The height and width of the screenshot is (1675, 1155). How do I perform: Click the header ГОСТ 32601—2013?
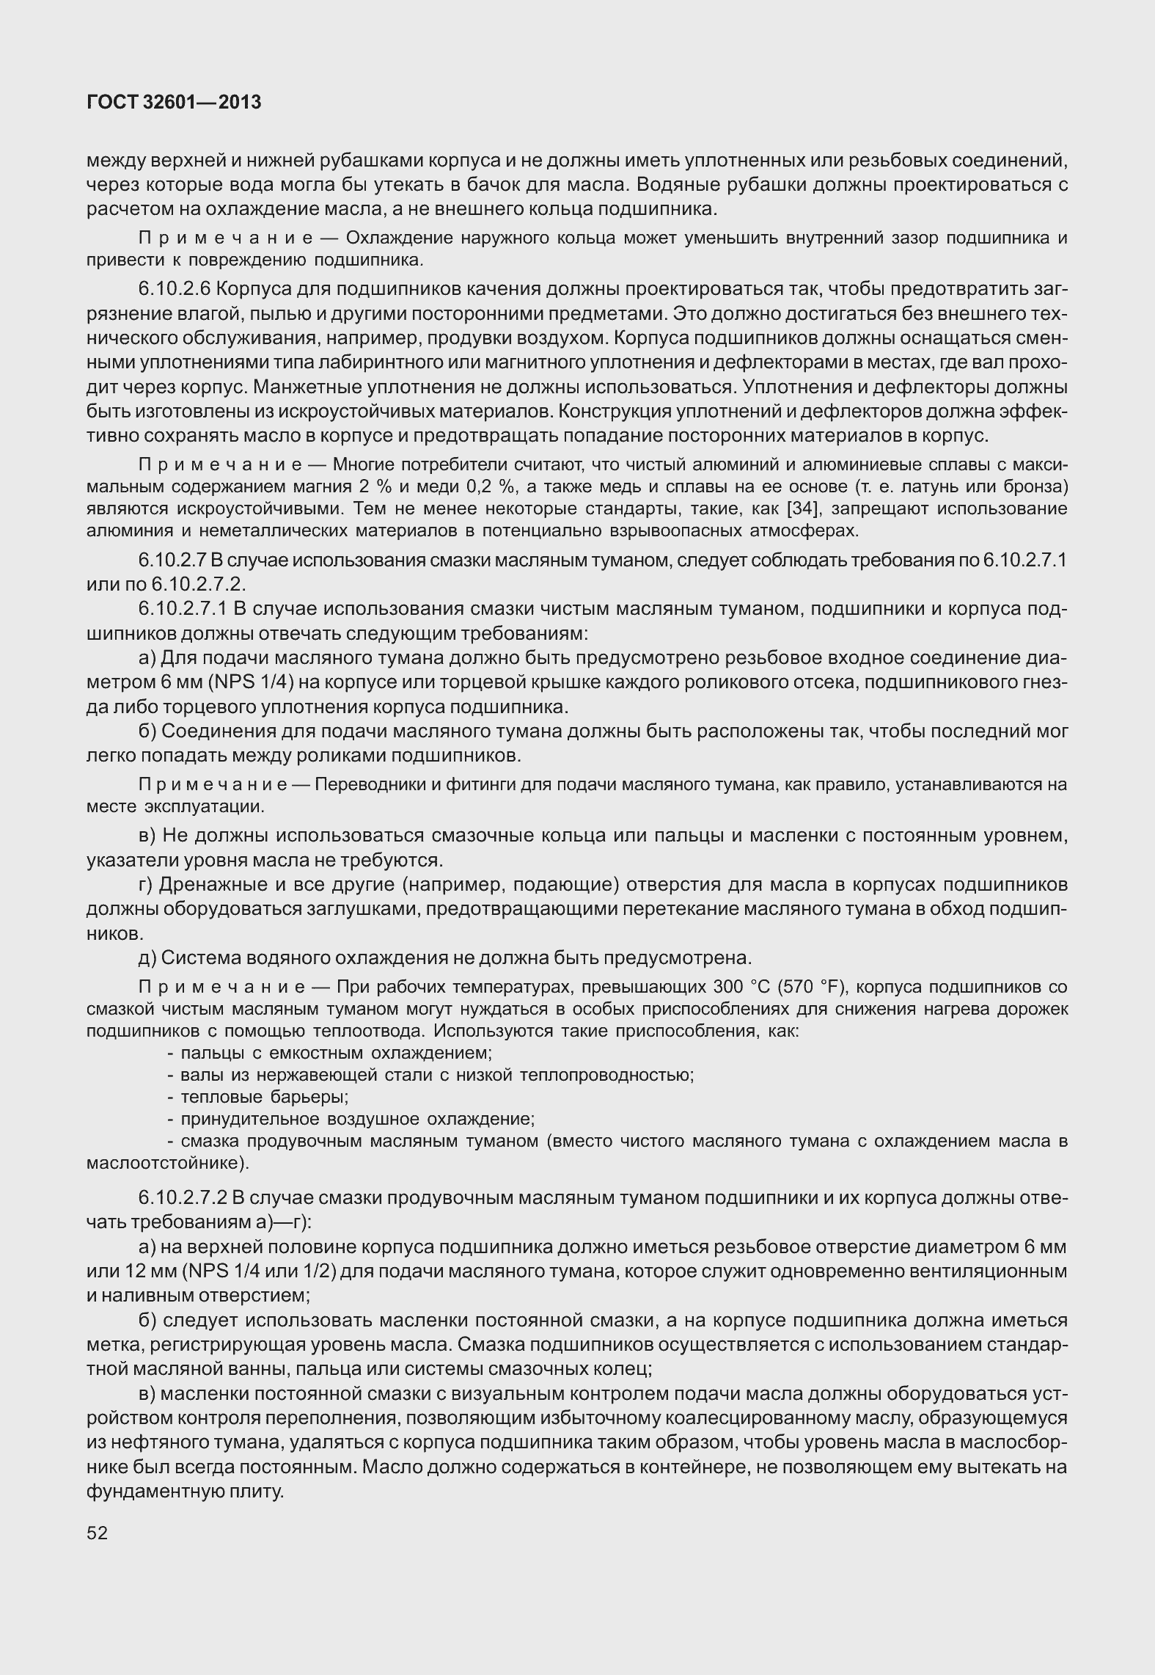coord(174,103)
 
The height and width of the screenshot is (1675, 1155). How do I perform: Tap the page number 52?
coord(97,1533)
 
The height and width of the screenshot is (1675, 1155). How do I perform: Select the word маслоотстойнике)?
coord(168,1163)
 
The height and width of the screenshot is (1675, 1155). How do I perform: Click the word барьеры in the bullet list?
coord(311,1097)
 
